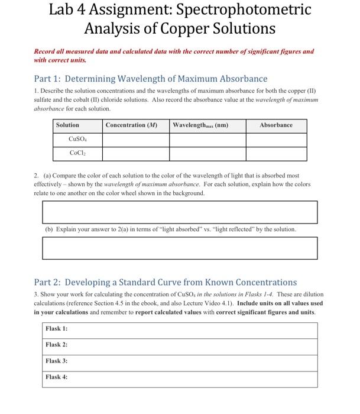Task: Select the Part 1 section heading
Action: (151, 79)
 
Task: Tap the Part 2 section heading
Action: (166, 282)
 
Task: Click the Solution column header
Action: (67, 125)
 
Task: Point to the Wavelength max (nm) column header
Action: (200, 125)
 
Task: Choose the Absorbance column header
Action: (276, 125)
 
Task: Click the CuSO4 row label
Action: (78, 140)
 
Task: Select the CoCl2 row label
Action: (78, 154)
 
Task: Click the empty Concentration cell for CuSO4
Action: (135, 140)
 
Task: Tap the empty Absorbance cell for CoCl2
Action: (276, 154)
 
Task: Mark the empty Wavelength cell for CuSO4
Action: (207, 140)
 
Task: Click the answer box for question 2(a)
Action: (179, 212)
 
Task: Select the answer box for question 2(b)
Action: (179, 248)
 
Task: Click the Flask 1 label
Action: (57, 328)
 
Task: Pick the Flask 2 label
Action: (57, 344)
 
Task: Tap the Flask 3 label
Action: (57, 361)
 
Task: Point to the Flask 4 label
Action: (57, 377)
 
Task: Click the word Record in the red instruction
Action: (47, 51)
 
